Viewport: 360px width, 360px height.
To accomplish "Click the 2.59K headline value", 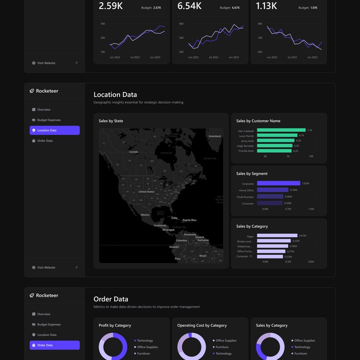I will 111,6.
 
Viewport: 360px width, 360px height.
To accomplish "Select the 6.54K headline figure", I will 190,6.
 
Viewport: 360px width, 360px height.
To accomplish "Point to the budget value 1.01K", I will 314,8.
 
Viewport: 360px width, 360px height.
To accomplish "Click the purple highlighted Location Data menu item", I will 54,130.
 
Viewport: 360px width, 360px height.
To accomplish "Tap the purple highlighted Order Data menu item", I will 54,345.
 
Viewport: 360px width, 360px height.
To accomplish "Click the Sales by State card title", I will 111,121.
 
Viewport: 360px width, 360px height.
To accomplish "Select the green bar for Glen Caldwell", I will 281,130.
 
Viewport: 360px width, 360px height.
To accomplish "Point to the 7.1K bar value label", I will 310,130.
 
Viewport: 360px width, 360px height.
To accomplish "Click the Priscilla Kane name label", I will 246,151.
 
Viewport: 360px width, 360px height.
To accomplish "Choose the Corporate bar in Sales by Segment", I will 278,183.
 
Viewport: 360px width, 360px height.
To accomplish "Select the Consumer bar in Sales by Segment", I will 270,203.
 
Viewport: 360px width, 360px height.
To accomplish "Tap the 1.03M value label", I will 306,183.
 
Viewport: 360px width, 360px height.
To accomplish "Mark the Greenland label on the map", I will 214,136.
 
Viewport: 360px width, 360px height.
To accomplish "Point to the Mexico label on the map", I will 145,214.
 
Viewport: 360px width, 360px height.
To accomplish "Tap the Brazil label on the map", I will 203,256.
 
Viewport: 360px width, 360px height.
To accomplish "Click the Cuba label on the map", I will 174,218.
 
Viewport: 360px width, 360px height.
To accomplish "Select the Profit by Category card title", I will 115,325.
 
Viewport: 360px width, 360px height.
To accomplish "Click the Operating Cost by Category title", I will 202,325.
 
